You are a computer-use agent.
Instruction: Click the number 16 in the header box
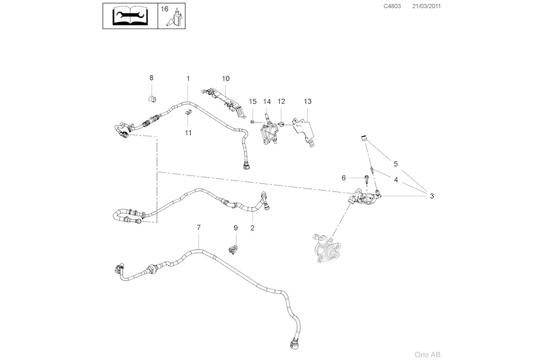click(x=165, y=9)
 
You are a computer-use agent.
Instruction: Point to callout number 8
click(x=152, y=79)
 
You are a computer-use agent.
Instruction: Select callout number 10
click(x=226, y=79)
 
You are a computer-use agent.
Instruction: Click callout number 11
click(x=188, y=132)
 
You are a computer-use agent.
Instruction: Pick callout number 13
click(x=307, y=101)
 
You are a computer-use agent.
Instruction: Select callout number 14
click(x=267, y=101)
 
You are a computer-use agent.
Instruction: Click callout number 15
click(x=253, y=101)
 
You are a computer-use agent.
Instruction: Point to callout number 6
click(x=344, y=177)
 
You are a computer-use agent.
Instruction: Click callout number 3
click(x=431, y=196)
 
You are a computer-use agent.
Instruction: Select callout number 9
click(x=236, y=228)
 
